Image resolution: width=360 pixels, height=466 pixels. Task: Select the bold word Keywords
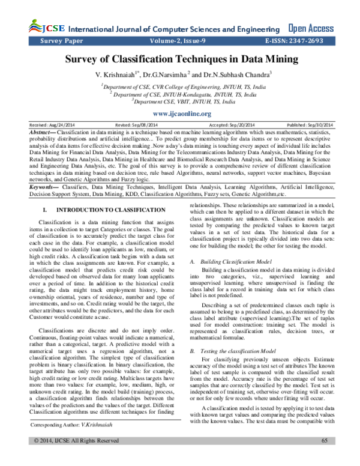pyautogui.click(x=45, y=171)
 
